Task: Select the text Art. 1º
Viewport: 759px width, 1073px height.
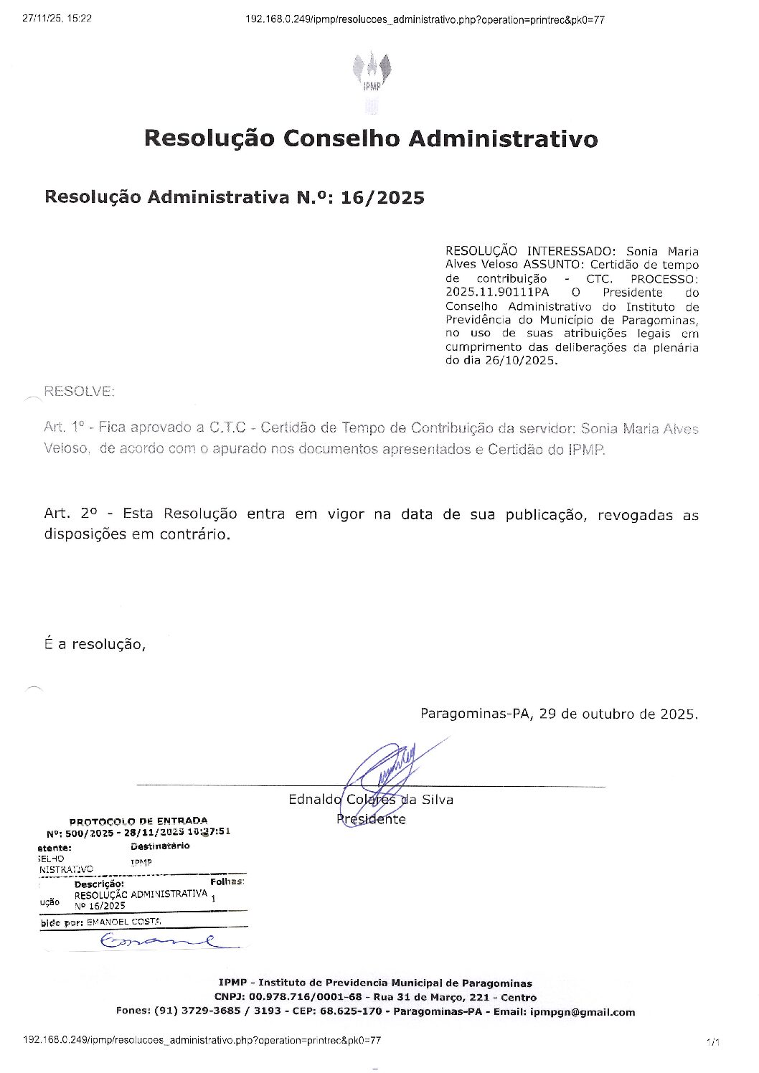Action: pyautogui.click(x=64, y=428)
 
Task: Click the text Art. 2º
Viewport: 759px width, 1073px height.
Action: pyautogui.click(x=70, y=514)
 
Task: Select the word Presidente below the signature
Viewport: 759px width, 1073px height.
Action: pyautogui.click(x=371, y=819)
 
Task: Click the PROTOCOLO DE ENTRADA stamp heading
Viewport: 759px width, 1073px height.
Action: pyautogui.click(x=138, y=821)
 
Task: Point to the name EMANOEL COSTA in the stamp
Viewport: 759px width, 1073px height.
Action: pyautogui.click(x=123, y=922)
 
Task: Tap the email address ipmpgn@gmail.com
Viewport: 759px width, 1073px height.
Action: pyautogui.click(x=583, y=1012)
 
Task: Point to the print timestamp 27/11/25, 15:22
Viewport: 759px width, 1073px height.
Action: pyautogui.click(x=57, y=19)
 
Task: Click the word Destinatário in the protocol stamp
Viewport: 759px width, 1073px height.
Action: pyautogui.click(x=160, y=846)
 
